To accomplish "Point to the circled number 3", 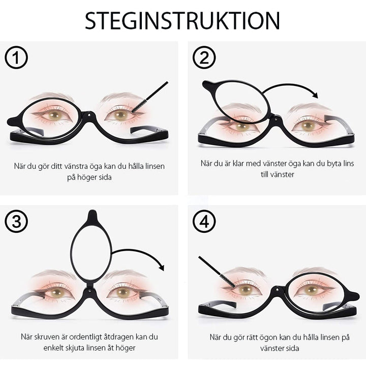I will (x=16, y=222).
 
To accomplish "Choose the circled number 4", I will (x=204, y=222).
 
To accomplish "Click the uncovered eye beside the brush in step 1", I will (x=120, y=115).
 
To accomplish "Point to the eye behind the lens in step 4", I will (x=311, y=290).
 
